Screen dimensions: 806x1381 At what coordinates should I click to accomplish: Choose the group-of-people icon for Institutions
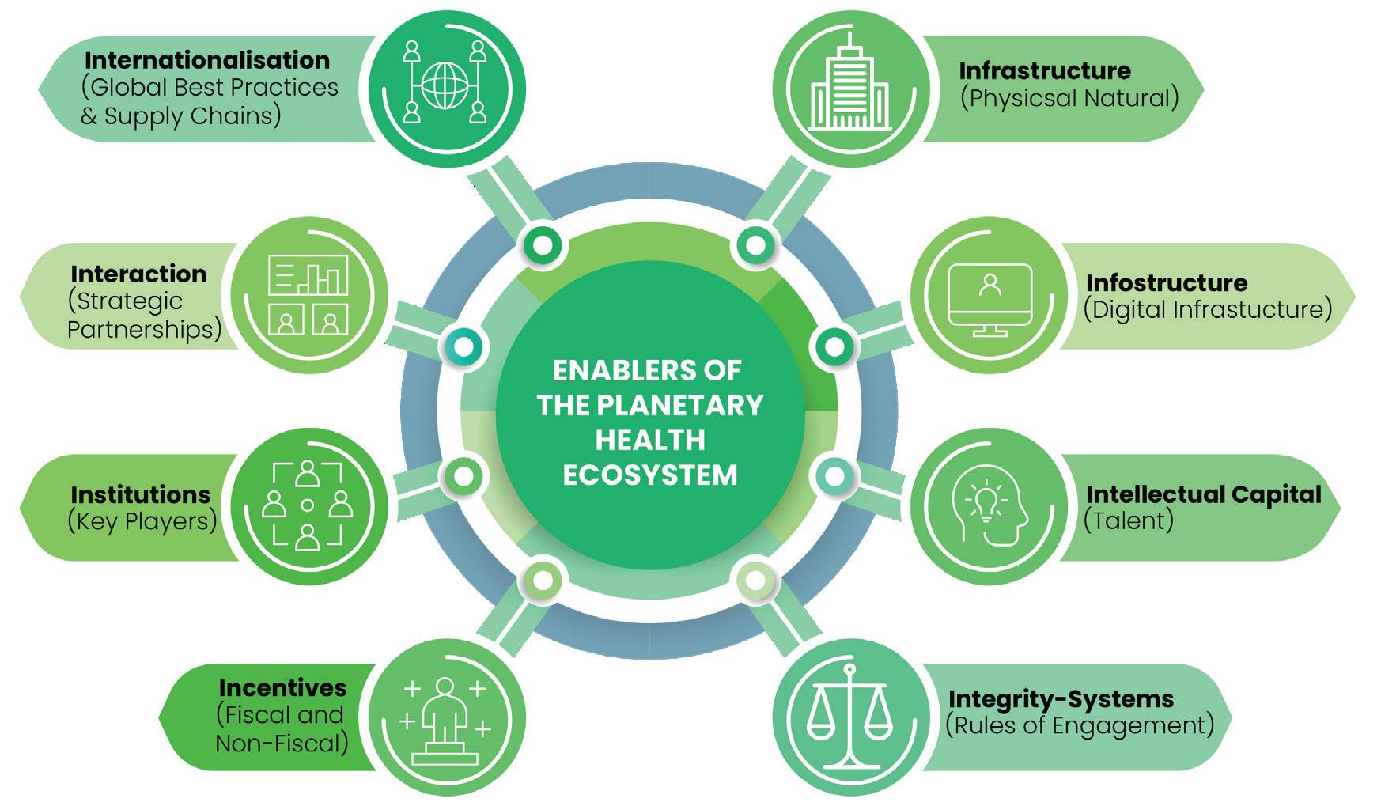(x=307, y=506)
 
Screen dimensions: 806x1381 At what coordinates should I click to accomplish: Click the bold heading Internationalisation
(x=207, y=60)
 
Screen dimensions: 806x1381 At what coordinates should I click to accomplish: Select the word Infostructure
(x=1166, y=282)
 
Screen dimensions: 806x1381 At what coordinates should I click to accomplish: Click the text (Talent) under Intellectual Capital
(x=1128, y=520)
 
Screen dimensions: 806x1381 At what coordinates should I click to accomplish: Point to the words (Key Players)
(x=142, y=521)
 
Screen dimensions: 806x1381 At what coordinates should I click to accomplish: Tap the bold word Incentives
(x=282, y=687)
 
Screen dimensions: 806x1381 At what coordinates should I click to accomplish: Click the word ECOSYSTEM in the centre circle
(x=649, y=475)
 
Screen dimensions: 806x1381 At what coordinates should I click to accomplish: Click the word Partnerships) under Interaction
(x=145, y=328)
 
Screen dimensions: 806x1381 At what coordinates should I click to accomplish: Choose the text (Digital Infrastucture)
(x=1207, y=309)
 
